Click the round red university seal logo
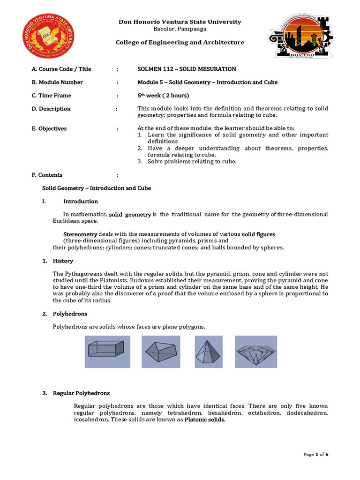click(48, 36)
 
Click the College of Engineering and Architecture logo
click(300, 36)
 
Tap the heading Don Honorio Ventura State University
click(180, 22)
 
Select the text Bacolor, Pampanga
click(180, 29)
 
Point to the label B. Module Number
click(57, 82)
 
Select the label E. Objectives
click(49, 128)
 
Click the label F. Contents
click(47, 175)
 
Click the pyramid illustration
click(209, 352)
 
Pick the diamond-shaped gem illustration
click(256, 352)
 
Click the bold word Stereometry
click(80, 234)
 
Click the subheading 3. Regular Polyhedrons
click(76, 393)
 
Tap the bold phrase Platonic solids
click(205, 420)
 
